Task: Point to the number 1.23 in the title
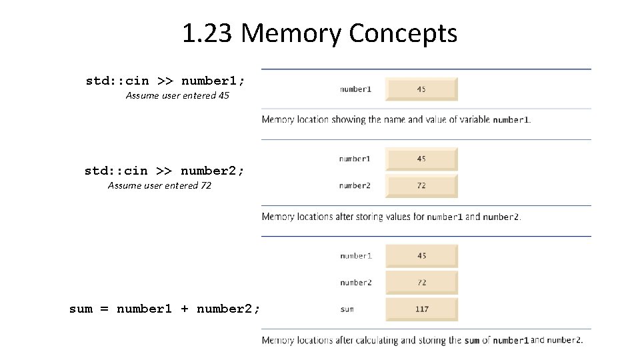pyautogui.click(x=207, y=33)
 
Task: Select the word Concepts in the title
pyautogui.click(x=403, y=33)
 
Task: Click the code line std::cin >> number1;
pyautogui.click(x=165, y=81)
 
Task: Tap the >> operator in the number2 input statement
pyautogui.click(x=165, y=171)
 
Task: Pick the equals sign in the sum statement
pyautogui.click(x=105, y=309)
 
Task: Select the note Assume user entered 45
pyautogui.click(x=177, y=95)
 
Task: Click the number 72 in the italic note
pyautogui.click(x=205, y=185)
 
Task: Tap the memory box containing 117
pyautogui.click(x=421, y=309)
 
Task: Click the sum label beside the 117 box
pyautogui.click(x=347, y=309)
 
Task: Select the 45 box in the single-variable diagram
pyautogui.click(x=421, y=89)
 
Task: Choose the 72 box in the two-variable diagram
pyautogui.click(x=421, y=186)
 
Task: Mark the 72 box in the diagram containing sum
pyautogui.click(x=421, y=283)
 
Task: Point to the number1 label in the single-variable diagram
pyautogui.click(x=355, y=89)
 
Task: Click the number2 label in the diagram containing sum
pyautogui.click(x=355, y=283)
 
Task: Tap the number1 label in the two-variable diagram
pyautogui.click(x=355, y=159)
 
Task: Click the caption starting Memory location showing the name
pyautogui.click(x=396, y=120)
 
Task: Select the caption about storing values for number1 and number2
pyautogui.click(x=391, y=217)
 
